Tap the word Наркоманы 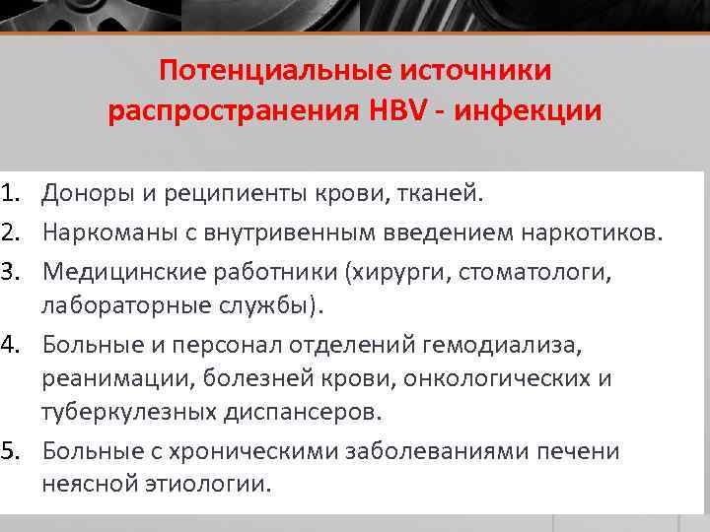pos(102,233)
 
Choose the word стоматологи pos(535,271)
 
